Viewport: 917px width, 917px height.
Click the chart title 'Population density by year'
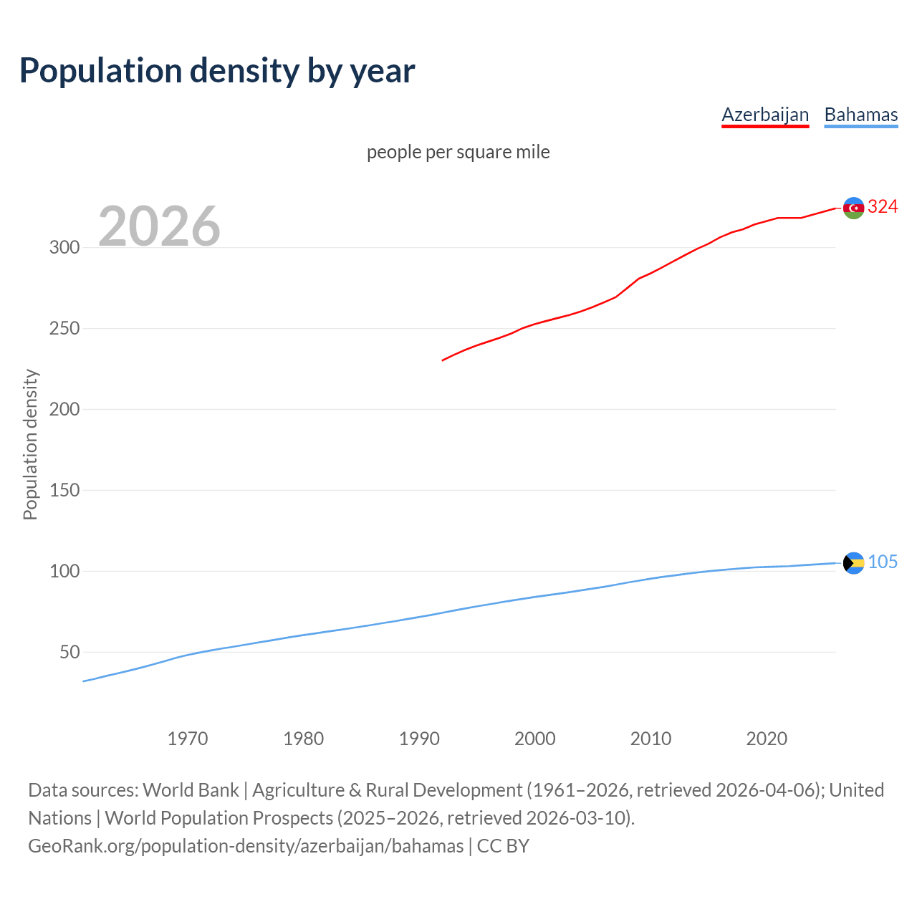point(217,71)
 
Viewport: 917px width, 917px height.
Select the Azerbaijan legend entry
point(765,115)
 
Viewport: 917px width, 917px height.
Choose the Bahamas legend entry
point(861,115)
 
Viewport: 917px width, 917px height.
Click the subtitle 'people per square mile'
point(458,152)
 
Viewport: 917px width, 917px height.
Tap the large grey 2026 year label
point(159,226)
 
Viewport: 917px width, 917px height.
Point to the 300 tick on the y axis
point(64,248)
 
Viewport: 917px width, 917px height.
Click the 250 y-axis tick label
point(64,329)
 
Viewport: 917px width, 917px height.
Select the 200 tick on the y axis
point(64,410)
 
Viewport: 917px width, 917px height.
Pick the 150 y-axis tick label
point(64,491)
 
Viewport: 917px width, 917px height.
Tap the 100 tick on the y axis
point(64,572)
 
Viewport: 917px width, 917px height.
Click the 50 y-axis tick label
point(69,653)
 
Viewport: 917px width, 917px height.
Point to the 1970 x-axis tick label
point(188,739)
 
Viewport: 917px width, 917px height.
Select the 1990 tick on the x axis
point(419,739)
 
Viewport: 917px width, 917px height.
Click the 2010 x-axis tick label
point(650,739)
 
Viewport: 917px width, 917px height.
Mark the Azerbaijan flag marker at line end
point(853,208)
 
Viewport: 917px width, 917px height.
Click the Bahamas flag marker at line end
point(853,563)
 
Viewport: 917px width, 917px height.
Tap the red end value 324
point(883,207)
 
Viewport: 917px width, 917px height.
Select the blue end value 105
point(883,562)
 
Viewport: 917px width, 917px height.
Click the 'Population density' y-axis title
point(30,444)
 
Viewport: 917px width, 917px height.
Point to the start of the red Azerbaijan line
point(443,360)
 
